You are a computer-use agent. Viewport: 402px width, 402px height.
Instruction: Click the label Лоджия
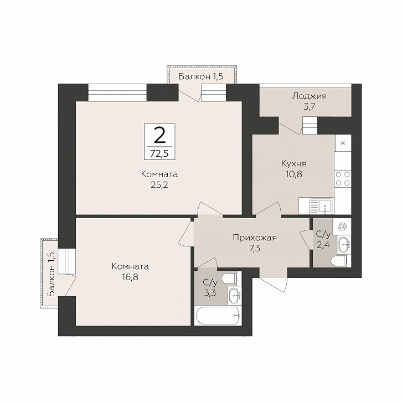pyautogui.click(x=310, y=96)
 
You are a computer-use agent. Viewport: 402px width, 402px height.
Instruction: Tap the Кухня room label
pyautogui.click(x=294, y=163)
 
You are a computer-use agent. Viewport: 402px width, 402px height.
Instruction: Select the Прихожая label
pyautogui.click(x=255, y=238)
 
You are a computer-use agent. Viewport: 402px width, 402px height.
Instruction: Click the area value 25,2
pyautogui.click(x=159, y=185)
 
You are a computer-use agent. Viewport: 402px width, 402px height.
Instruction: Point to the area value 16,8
pyautogui.click(x=130, y=277)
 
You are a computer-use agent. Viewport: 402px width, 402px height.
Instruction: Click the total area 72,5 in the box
pyautogui.click(x=159, y=153)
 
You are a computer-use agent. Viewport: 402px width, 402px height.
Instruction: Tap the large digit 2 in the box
pyautogui.click(x=159, y=136)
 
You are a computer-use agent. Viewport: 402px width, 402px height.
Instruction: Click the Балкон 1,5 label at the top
pyautogui.click(x=201, y=76)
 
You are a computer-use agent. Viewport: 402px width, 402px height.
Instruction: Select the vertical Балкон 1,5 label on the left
pyautogui.click(x=51, y=274)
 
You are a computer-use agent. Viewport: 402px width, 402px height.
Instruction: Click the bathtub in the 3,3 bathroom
pyautogui.click(x=218, y=316)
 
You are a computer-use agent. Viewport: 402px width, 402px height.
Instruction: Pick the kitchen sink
pyautogui.click(x=321, y=206)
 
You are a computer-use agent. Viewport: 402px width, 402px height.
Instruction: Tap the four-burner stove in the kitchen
pyautogui.click(x=343, y=179)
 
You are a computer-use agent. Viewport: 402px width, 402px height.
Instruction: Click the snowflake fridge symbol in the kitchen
pyautogui.click(x=343, y=143)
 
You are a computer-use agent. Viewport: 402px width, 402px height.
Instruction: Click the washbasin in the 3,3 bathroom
pyautogui.click(x=235, y=296)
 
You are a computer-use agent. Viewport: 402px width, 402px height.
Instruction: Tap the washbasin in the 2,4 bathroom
pyautogui.click(x=344, y=245)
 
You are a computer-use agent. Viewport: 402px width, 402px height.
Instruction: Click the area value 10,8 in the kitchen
pyautogui.click(x=294, y=174)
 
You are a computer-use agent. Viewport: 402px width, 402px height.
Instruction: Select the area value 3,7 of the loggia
pyautogui.click(x=310, y=107)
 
